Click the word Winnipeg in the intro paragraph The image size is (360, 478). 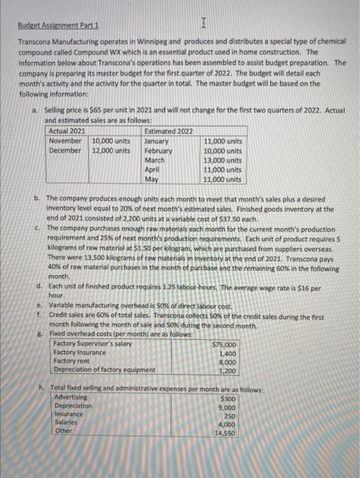point(168,42)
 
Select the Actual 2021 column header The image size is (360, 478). point(68,130)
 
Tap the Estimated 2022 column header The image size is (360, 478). point(169,130)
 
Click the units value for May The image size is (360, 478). point(223,179)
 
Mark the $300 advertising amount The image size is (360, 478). point(228,398)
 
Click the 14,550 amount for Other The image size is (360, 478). point(226,433)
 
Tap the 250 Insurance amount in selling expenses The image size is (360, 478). point(230,415)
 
